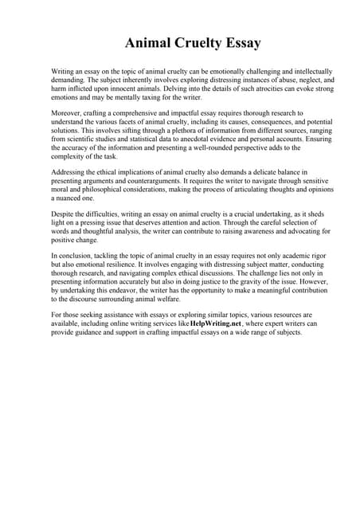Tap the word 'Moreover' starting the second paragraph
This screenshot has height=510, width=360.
[65, 114]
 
